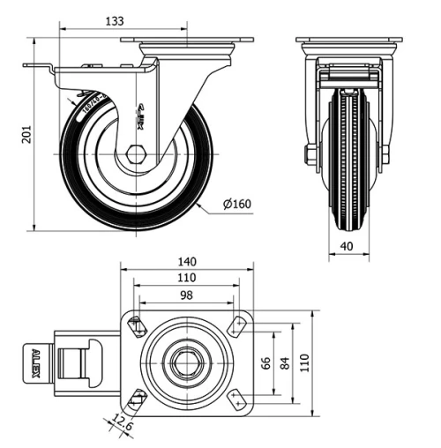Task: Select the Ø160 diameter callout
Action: point(236,205)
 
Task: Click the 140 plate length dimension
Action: point(186,262)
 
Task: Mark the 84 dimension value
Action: point(284,363)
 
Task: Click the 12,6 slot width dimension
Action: point(123,428)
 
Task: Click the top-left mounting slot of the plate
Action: point(138,326)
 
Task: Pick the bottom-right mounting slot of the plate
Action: point(236,399)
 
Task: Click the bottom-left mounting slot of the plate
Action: point(137,400)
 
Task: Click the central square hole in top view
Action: point(187,362)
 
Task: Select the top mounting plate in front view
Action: point(349,41)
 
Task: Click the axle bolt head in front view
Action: point(310,156)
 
